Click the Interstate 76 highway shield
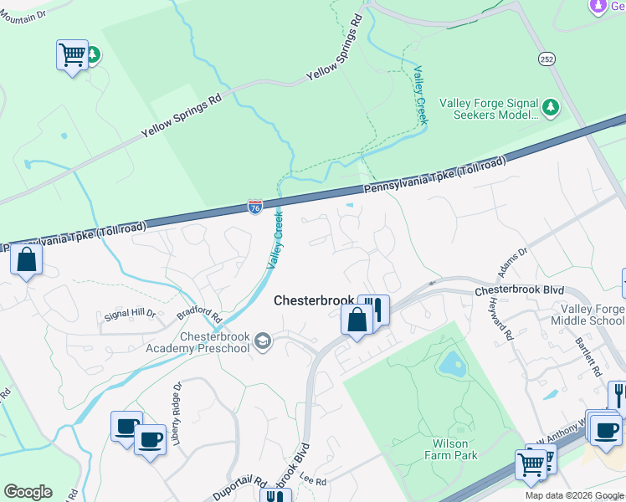click(x=255, y=206)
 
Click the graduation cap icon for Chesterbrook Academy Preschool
click(x=263, y=341)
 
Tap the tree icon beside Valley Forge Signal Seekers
click(x=550, y=107)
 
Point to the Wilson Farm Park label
click(x=454, y=449)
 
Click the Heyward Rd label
click(x=502, y=318)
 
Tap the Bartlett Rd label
click(x=588, y=356)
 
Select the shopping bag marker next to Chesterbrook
click(x=357, y=320)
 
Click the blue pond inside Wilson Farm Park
click(x=452, y=363)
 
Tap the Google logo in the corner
click(x=28, y=492)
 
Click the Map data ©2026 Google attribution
click(x=574, y=495)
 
